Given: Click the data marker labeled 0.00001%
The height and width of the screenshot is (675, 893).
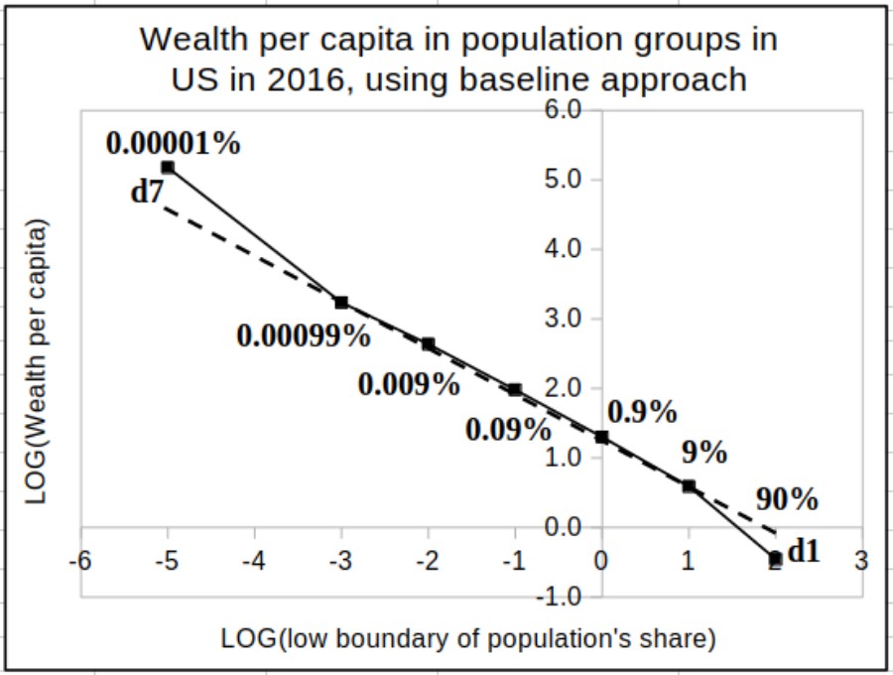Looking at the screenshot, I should (168, 168).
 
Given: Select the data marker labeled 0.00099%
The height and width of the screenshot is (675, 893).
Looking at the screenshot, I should (341, 302).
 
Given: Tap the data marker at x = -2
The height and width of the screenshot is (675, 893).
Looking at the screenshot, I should (428, 344).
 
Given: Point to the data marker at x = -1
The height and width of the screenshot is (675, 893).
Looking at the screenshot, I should (514, 389).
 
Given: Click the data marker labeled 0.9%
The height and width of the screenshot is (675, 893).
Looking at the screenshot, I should (601, 437).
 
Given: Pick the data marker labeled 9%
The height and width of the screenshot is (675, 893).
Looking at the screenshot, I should (689, 486).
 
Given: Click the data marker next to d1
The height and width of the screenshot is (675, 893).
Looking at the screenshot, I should (775, 559).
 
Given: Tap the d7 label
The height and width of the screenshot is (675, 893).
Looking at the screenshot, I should (146, 192).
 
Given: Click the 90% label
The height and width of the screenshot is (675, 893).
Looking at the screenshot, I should (787, 499).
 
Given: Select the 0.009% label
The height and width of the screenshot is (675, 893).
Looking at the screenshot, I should (409, 384).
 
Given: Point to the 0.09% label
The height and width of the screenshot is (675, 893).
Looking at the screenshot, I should (507, 430).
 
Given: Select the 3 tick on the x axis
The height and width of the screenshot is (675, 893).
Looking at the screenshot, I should (861, 561).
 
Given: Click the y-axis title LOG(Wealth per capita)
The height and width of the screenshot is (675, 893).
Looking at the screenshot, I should (37, 363).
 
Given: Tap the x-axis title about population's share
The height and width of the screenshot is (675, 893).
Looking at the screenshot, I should (467, 638).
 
